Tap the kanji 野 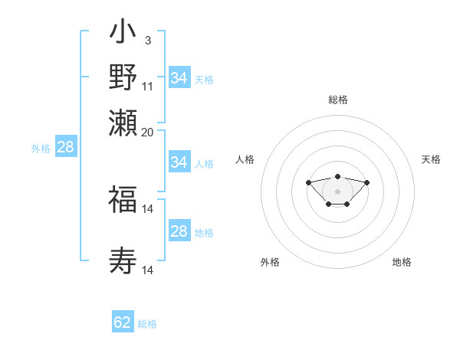click(x=123, y=77)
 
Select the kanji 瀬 click(x=123, y=123)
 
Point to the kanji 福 click(x=123, y=201)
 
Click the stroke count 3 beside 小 click(x=147, y=39)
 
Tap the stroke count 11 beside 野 click(x=148, y=86)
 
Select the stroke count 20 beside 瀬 click(x=148, y=132)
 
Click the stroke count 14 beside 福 click(x=148, y=209)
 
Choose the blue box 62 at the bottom click(x=123, y=322)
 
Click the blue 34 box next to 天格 click(x=179, y=78)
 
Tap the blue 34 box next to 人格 click(x=179, y=162)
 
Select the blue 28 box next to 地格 click(x=179, y=231)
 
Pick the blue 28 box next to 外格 click(x=66, y=148)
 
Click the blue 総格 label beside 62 click(x=147, y=324)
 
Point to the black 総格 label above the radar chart click(x=337, y=100)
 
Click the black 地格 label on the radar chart click(x=402, y=262)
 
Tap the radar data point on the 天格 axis click(x=367, y=182)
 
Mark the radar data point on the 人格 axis click(x=308, y=182)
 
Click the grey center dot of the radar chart click(x=337, y=191)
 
